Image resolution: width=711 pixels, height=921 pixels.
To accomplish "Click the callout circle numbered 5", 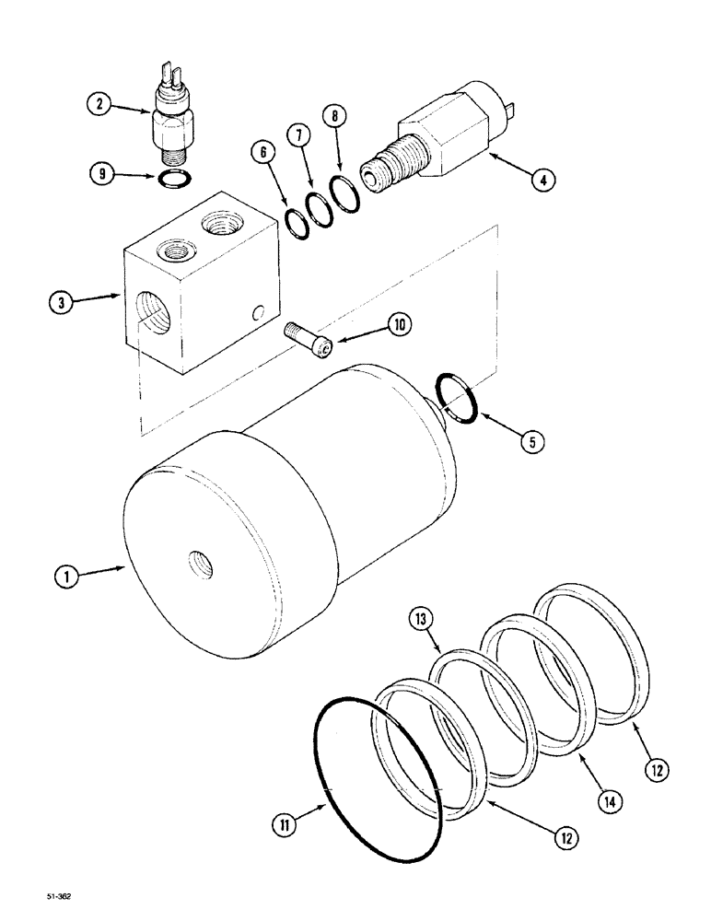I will [530, 442].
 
